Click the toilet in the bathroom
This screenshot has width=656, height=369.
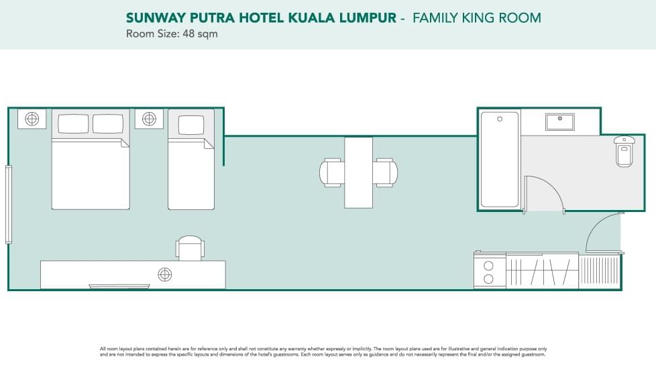[624, 152]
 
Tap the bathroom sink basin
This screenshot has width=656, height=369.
[559, 122]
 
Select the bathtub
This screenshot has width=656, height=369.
[500, 159]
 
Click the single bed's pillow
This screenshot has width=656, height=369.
[190, 125]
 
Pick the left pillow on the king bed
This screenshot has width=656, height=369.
[73, 123]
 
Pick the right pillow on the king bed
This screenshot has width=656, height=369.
[107, 123]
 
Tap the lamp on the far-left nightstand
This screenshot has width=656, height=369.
[32, 119]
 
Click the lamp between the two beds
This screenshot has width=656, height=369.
[149, 119]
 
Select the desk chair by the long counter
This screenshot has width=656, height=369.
[190, 248]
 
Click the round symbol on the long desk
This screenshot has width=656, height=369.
[164, 274]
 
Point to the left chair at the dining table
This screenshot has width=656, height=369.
[332, 172]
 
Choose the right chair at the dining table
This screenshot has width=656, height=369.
[385, 172]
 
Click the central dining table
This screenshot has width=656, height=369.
[358, 172]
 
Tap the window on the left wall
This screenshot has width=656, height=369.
[9, 204]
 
